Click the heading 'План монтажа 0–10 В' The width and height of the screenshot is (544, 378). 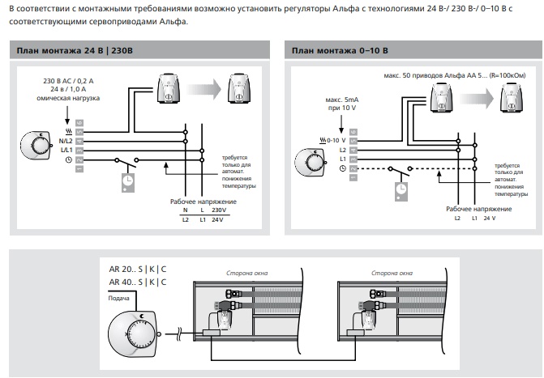point(340,51)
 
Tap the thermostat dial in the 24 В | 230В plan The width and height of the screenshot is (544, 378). point(40,147)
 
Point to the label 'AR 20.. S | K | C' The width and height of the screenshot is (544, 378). point(139,269)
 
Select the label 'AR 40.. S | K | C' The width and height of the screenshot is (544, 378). point(139,282)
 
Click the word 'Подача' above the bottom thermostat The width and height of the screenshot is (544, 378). point(119,296)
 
